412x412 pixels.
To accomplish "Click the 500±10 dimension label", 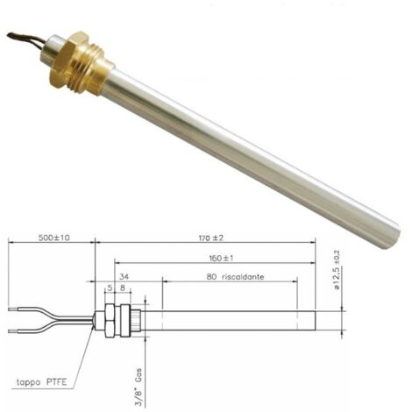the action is pos(54,238).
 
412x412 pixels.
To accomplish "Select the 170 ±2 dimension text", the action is pos(211,238).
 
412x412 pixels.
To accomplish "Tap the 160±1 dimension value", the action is pos(221,259).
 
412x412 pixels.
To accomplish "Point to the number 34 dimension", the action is pos(124,276).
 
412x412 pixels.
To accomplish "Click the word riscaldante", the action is pos(243,276).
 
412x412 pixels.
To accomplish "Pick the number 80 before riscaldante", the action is pos(211,276).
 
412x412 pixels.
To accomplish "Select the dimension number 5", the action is pos(110,288).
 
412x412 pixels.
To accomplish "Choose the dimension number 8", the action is pos(123,288).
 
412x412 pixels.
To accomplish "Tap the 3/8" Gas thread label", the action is pos(139,387).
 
